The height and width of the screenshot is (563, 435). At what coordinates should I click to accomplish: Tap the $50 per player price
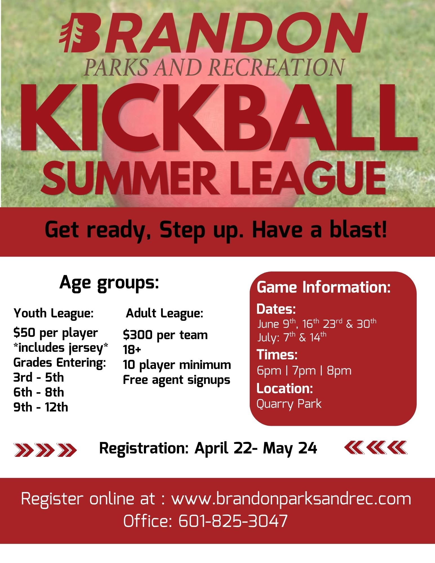(x=55, y=333)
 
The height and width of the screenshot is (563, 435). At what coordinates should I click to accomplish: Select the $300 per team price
(x=165, y=335)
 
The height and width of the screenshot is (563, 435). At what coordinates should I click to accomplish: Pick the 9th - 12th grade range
(x=41, y=407)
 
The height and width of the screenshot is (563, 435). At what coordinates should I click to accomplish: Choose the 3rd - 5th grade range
(x=39, y=377)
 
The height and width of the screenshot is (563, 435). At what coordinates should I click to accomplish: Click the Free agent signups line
(x=177, y=380)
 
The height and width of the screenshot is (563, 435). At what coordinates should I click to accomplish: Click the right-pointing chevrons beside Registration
(x=45, y=449)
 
